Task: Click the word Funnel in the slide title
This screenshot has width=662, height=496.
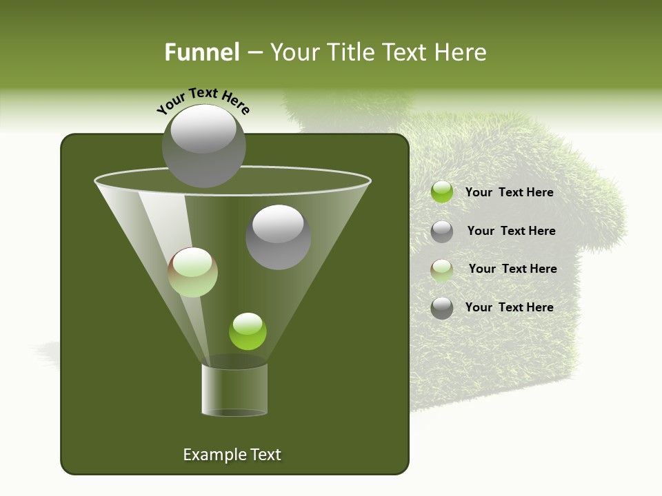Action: [x=201, y=52]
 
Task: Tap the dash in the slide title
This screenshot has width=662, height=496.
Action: [x=254, y=53]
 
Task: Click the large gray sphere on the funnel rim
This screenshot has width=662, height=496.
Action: [x=203, y=146]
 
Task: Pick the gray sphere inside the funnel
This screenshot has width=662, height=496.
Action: [x=278, y=236]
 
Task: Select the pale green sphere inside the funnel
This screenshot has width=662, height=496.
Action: [x=193, y=272]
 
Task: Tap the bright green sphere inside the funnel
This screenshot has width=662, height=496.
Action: [x=248, y=331]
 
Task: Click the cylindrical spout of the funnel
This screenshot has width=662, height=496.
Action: [x=234, y=389]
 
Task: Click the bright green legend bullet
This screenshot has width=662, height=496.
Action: [x=442, y=192]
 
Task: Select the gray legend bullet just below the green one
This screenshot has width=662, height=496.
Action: [x=442, y=231]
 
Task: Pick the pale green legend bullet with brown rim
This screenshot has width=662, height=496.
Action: [x=442, y=270]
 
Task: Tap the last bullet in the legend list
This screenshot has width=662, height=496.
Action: [x=442, y=308]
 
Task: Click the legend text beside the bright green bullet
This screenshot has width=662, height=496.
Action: [x=509, y=193]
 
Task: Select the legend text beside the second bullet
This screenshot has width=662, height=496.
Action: [x=511, y=231]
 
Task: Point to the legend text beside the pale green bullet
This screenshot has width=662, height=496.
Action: [x=512, y=269]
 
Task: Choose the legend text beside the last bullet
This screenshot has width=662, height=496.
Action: [x=509, y=307]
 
